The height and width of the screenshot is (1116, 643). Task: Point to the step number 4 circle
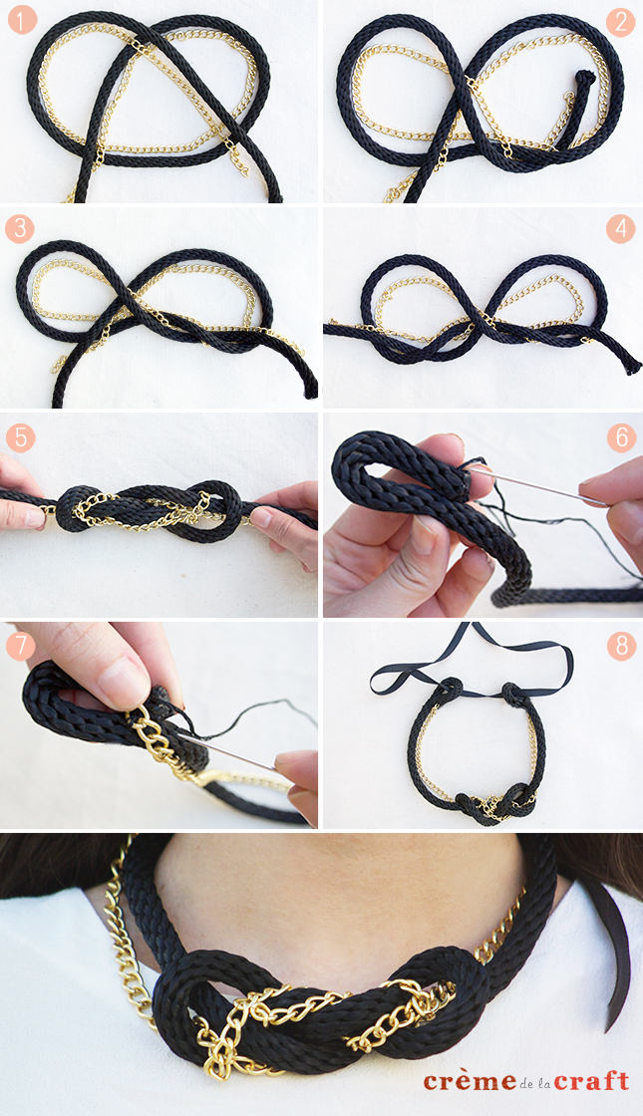tap(620, 228)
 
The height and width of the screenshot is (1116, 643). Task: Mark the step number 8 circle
tap(620, 646)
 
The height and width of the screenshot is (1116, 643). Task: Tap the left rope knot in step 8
tap(450, 689)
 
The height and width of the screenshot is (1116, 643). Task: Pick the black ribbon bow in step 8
tap(469, 658)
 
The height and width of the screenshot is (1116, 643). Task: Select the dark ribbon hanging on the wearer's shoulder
tap(618, 947)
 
